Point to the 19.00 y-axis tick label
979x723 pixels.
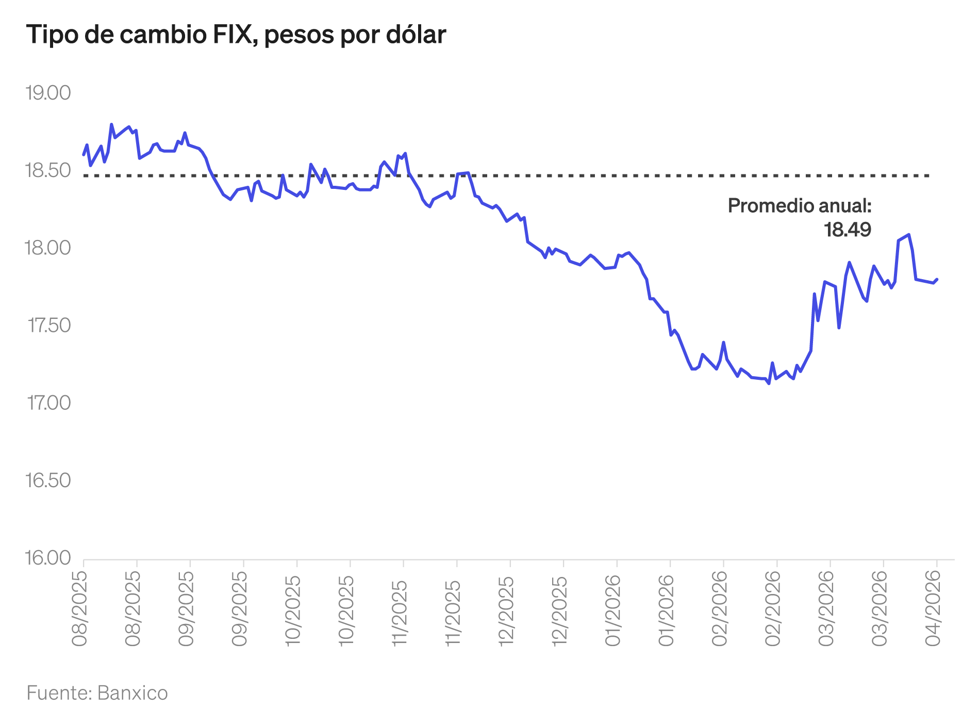(48, 93)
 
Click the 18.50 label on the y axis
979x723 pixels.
(48, 171)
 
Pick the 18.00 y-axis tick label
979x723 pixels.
(48, 248)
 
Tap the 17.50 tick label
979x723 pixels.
(49, 326)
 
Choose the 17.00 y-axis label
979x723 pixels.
(49, 403)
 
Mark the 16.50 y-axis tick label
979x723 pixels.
(48, 480)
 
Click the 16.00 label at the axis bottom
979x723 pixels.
(48, 558)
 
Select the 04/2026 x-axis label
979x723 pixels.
(934, 612)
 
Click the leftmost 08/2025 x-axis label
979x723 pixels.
(80, 609)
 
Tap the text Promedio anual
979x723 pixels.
(799, 206)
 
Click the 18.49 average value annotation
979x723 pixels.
(847, 230)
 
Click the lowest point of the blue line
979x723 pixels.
(769, 383)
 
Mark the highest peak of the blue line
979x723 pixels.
(111, 124)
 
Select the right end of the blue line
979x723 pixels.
(937, 279)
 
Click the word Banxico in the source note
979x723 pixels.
(132, 693)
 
